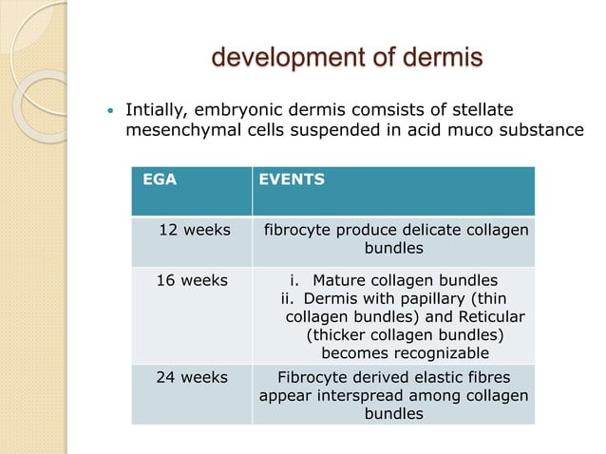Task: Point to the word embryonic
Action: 239,109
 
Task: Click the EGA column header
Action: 160,178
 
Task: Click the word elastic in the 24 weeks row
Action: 436,377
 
